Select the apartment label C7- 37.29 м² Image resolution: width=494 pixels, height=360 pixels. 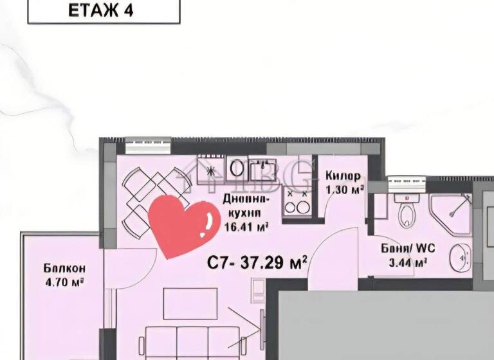(257, 262)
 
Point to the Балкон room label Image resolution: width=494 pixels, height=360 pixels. (64, 268)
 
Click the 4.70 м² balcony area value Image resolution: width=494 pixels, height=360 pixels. (64, 281)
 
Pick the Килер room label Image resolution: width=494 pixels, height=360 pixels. (343, 176)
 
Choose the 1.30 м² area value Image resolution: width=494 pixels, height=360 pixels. (345, 190)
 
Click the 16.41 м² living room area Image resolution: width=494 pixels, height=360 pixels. (246, 226)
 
